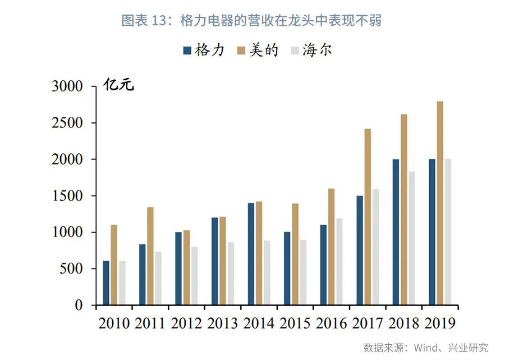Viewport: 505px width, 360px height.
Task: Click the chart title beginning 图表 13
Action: pyautogui.click(x=252, y=21)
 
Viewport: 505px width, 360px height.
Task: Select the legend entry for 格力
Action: pyautogui.click(x=204, y=51)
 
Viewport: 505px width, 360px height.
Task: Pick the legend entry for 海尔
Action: pyautogui.click(x=311, y=51)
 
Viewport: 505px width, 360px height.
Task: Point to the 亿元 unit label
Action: pyautogui.click(x=119, y=86)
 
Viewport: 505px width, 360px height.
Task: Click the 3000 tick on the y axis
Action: pyautogui.click(x=67, y=86)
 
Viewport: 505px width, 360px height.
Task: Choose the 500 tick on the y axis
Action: pyautogui.click(x=71, y=269)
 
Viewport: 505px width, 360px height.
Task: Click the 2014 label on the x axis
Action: pyautogui.click(x=259, y=323)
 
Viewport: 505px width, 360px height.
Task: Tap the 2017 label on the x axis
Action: pyautogui.click(x=368, y=323)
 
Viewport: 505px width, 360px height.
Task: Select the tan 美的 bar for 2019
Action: pyautogui.click(x=440, y=203)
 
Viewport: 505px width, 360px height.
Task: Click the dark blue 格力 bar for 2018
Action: pyautogui.click(x=396, y=232)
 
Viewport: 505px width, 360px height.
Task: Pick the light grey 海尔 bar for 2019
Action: pyautogui.click(x=448, y=232)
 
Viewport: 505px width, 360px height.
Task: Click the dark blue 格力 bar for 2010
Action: pyautogui.click(x=106, y=283)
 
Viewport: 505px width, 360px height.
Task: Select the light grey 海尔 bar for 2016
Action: pyautogui.click(x=339, y=262)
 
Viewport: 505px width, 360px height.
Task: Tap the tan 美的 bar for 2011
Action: pyautogui.click(x=150, y=256)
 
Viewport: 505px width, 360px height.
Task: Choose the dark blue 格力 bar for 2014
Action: pyautogui.click(x=251, y=254)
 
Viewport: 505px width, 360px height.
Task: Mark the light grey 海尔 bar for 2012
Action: pyautogui.click(x=194, y=276)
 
